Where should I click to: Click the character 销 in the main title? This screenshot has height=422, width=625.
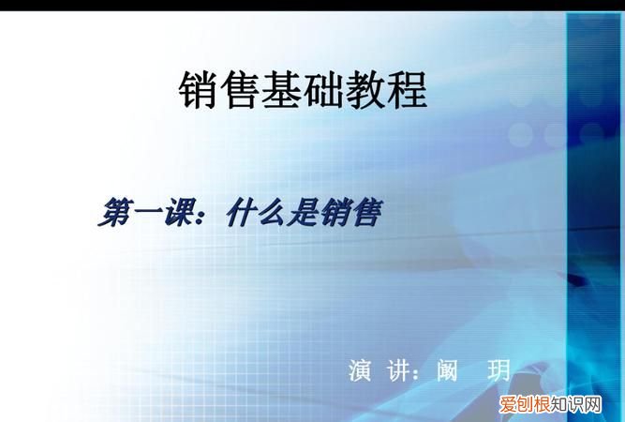point(200,91)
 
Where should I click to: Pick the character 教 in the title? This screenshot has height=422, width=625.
point(365,91)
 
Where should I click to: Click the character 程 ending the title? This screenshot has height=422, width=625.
point(407,91)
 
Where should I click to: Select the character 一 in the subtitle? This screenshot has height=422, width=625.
point(149,213)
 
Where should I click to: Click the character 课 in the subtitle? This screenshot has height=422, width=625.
point(183,213)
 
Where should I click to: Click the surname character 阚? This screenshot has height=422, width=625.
point(448,370)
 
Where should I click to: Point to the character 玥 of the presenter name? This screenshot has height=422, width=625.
point(499,370)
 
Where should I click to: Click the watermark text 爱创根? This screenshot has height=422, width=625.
point(515,405)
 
